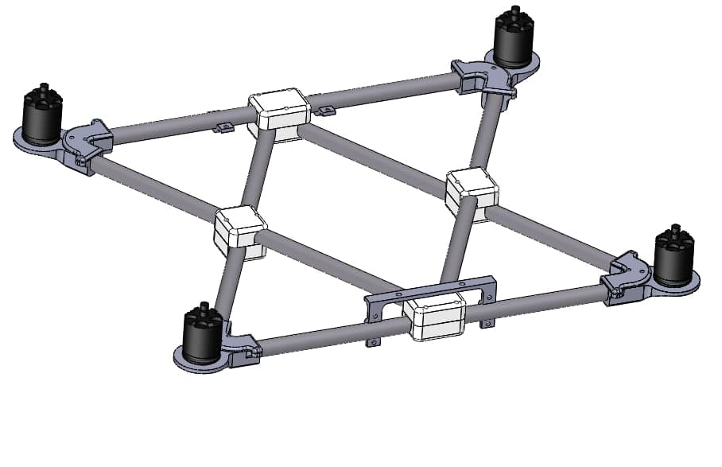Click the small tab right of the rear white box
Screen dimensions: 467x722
point(325,110)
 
